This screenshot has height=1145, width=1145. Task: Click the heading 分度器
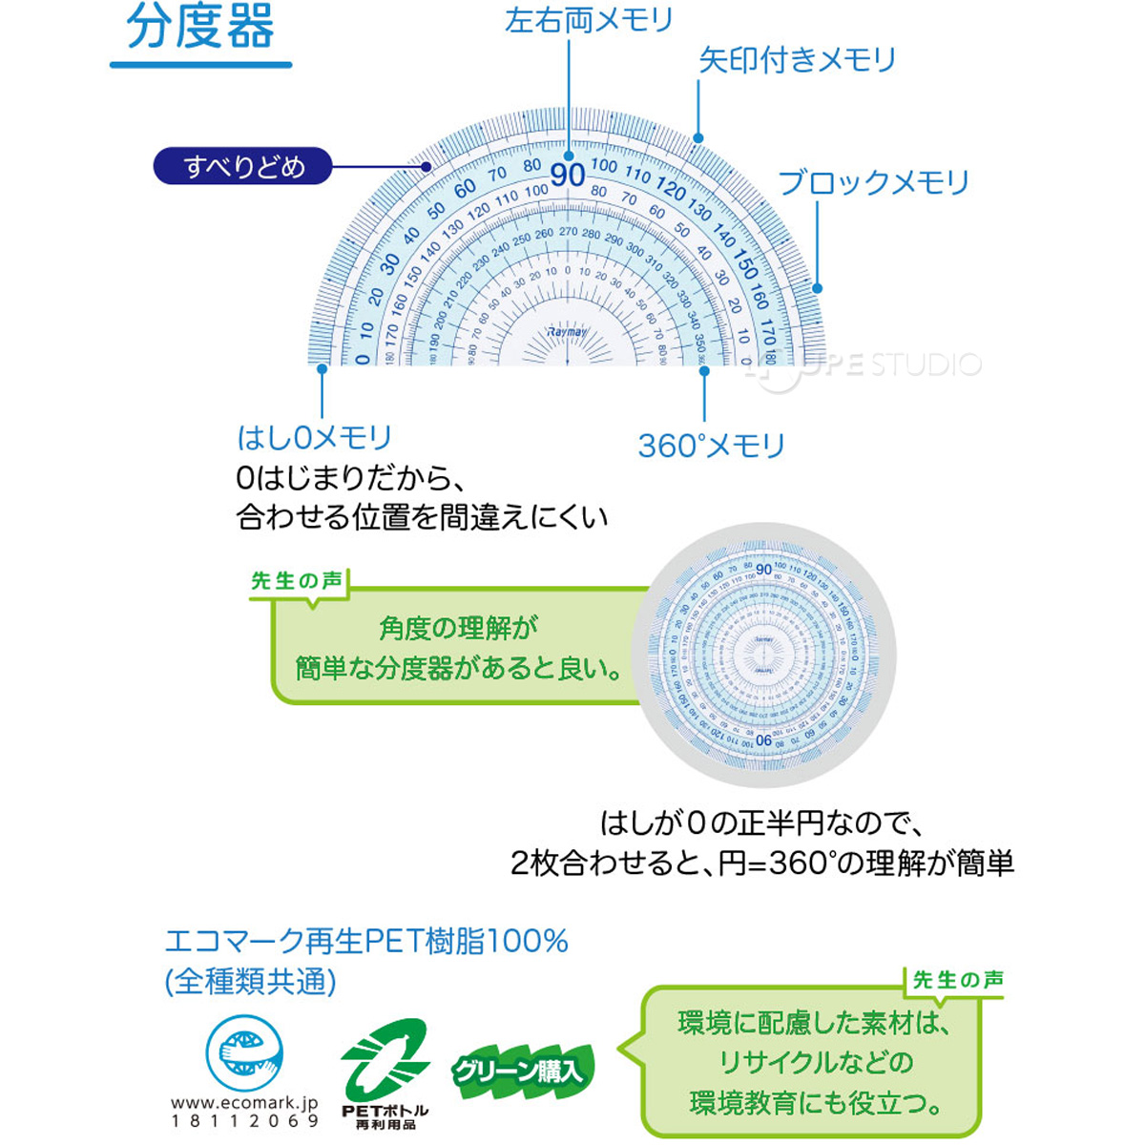[200, 29]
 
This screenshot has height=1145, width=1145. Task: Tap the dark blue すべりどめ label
[243, 167]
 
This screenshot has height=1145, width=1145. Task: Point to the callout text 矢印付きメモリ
[798, 60]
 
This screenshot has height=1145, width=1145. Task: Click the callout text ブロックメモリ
[873, 182]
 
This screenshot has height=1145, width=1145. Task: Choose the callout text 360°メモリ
[711, 446]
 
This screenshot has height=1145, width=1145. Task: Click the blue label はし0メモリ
[314, 438]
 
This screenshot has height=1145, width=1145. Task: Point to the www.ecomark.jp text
[244, 1102]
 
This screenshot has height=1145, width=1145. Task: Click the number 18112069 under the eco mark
[244, 1121]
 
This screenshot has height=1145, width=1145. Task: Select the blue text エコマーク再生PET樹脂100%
[366, 942]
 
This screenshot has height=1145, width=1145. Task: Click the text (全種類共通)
[250, 981]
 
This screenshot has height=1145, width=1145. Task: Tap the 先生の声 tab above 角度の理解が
[297, 581]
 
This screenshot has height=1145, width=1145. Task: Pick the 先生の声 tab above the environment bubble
[957, 980]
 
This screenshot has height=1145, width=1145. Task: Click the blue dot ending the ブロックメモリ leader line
[817, 288]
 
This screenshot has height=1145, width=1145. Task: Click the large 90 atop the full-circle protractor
[763, 570]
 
